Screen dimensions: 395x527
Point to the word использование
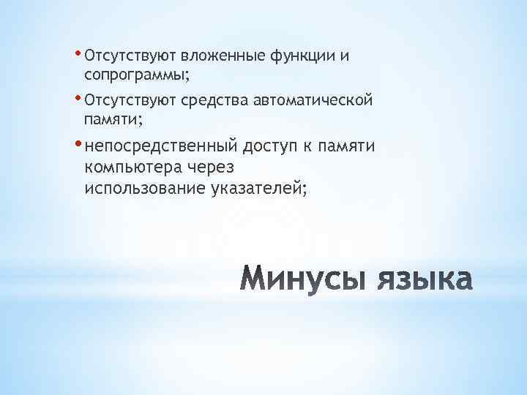pos(145,188)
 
